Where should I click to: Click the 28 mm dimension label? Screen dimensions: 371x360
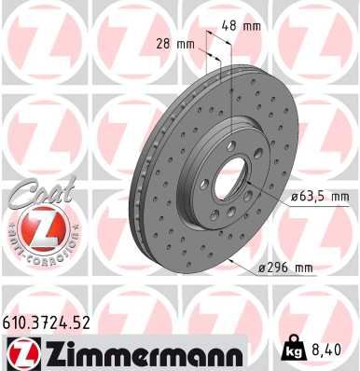coord(175,44)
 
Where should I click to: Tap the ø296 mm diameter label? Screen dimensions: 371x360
coord(285,268)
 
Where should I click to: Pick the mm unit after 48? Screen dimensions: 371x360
coord(253,26)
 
